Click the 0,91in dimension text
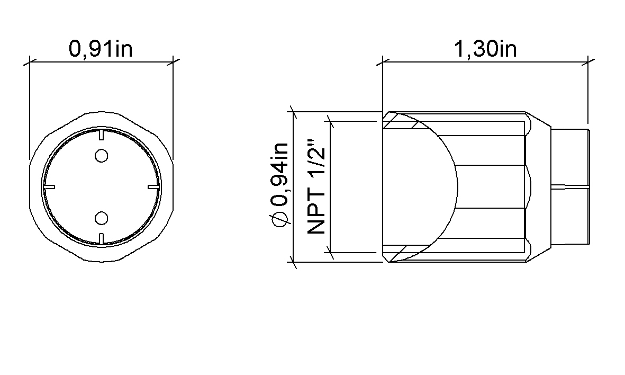click(101, 49)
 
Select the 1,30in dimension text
click(485, 49)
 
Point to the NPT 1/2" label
click(317, 186)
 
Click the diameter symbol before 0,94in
click(279, 220)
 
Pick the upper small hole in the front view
click(102, 156)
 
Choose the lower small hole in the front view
click(102, 218)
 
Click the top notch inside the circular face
click(101, 134)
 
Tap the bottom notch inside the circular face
click(101, 239)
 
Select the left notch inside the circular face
click(49, 186)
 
